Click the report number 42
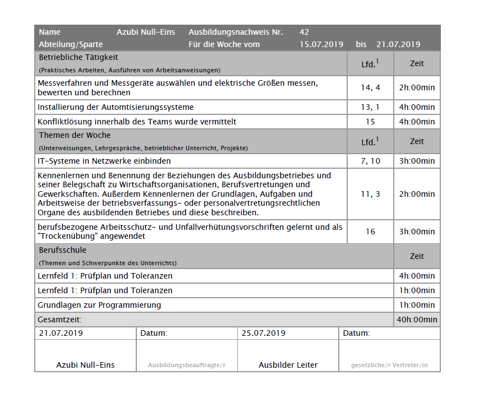click(x=305, y=32)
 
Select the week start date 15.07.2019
click(x=321, y=44)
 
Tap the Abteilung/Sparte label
click(x=71, y=44)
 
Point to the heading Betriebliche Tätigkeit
click(x=79, y=57)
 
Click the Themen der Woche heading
click(x=75, y=135)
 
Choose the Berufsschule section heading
click(x=63, y=250)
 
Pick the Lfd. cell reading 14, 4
click(x=370, y=87)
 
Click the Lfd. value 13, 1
click(x=370, y=107)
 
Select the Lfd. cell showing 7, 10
click(x=370, y=161)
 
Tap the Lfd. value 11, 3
click(x=370, y=194)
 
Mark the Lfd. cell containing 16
click(x=370, y=232)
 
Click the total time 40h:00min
click(x=417, y=320)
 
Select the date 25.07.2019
click(x=264, y=333)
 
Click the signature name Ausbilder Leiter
click(x=288, y=365)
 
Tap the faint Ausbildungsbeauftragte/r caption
click(x=187, y=366)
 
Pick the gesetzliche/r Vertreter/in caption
click(x=389, y=366)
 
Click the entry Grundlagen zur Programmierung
click(x=99, y=305)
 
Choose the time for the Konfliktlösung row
click(x=417, y=122)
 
